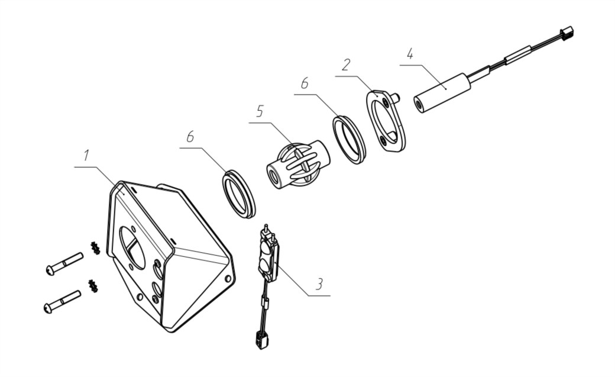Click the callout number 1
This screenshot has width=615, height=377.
point(86,156)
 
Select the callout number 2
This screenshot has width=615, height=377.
point(345,65)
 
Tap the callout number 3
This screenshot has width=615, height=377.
point(320,283)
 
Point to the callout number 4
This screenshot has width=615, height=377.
point(410,54)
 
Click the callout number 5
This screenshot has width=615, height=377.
point(259,111)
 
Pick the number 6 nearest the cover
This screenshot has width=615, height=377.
point(190,137)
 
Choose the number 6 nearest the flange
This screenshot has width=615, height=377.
point(305,83)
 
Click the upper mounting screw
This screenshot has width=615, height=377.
point(64,263)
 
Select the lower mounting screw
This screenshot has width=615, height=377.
point(62,302)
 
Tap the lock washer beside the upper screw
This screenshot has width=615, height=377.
point(95,248)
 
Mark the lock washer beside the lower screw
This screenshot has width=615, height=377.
point(93,286)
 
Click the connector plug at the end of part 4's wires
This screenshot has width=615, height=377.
point(566,34)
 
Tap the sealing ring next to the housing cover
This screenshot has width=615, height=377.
point(239,194)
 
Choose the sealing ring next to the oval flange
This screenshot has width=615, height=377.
point(349,140)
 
